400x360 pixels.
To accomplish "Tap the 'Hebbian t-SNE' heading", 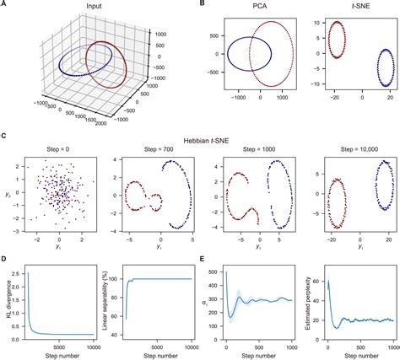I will [200, 137].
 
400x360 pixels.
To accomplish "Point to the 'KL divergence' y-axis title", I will [7, 302].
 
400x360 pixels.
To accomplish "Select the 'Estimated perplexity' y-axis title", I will [304, 302].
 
